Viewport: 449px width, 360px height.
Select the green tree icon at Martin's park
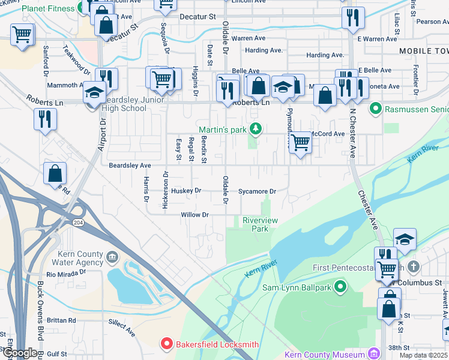(256, 128)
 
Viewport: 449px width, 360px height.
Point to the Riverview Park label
(260, 224)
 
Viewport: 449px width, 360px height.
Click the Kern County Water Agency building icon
(112, 258)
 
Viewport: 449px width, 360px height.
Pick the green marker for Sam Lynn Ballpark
(340, 287)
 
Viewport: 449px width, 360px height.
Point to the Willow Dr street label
(194, 215)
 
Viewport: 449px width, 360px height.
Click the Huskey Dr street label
(185, 191)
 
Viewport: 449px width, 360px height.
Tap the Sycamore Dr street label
(256, 192)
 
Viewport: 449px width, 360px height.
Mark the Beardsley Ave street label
(130, 165)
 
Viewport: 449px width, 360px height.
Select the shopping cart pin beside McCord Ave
(300, 143)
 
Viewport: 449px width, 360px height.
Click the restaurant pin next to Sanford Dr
(46, 119)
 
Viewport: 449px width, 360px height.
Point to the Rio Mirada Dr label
(73, 275)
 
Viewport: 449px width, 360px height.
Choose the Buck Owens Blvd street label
(41, 306)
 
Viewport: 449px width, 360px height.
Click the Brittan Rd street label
(64, 320)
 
